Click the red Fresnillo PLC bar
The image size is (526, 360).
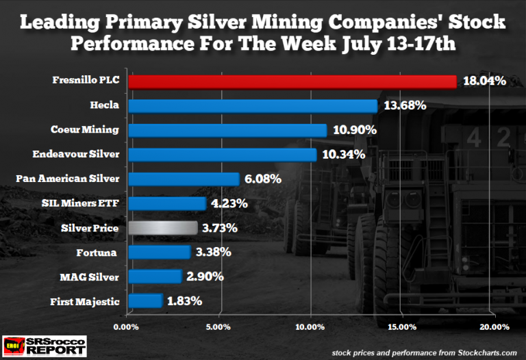point(292,81)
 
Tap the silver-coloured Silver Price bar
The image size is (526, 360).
point(158,228)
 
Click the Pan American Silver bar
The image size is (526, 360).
point(184,179)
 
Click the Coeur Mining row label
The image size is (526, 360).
point(85,130)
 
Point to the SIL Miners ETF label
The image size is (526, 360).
point(88,203)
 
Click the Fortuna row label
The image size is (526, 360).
point(100,252)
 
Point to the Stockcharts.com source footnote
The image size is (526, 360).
point(427,351)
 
